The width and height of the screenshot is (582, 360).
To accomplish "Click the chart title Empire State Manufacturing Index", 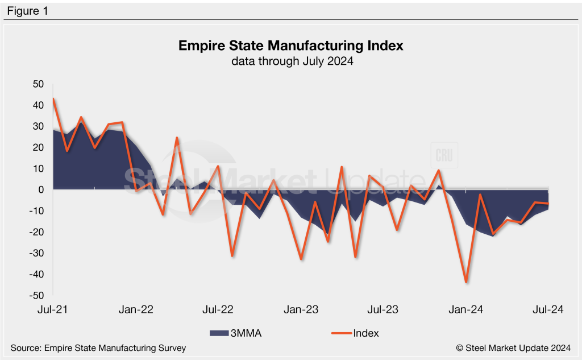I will coord(291,45).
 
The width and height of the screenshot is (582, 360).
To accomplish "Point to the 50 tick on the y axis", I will coord(38,84).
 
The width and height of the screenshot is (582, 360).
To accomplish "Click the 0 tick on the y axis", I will coord(40,190).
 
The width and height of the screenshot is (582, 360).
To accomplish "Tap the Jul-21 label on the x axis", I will coord(53,309).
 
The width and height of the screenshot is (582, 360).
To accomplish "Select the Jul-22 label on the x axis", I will coord(219,309).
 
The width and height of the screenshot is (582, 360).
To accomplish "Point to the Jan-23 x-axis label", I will coord(301,309).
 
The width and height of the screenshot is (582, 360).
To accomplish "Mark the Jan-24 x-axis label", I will coord(466,309).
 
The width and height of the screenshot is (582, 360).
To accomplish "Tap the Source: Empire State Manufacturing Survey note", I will coord(98,347).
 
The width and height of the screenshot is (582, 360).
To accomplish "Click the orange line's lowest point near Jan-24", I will coord(466,282).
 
